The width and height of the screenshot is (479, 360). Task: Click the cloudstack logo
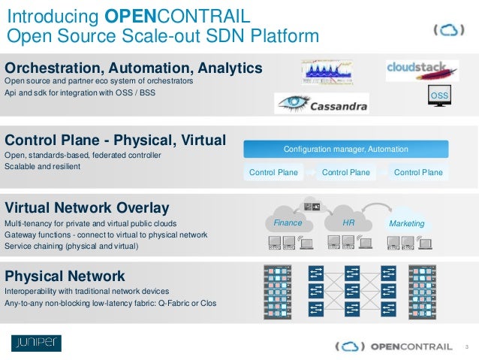click(421, 70)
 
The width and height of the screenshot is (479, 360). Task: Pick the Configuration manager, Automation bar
click(346, 149)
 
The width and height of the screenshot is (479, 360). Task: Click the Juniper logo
click(36, 343)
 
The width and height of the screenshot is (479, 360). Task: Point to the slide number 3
click(467, 346)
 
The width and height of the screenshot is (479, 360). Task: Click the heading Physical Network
click(65, 276)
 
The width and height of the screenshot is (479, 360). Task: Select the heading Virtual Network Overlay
click(87, 207)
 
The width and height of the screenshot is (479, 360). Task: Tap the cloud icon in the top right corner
click(447, 31)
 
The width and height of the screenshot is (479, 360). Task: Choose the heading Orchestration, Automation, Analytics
click(134, 68)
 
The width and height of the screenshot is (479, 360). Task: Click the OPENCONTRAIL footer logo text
click(411, 346)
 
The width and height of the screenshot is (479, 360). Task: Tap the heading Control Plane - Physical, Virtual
click(115, 140)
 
